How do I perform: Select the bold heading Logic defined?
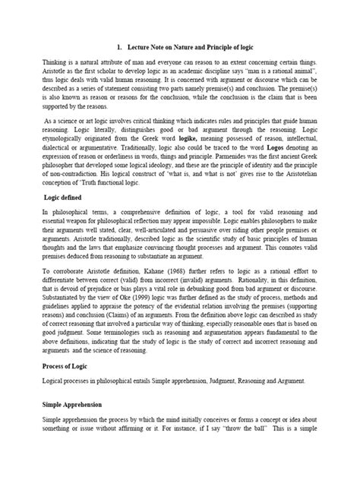click(65, 197)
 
